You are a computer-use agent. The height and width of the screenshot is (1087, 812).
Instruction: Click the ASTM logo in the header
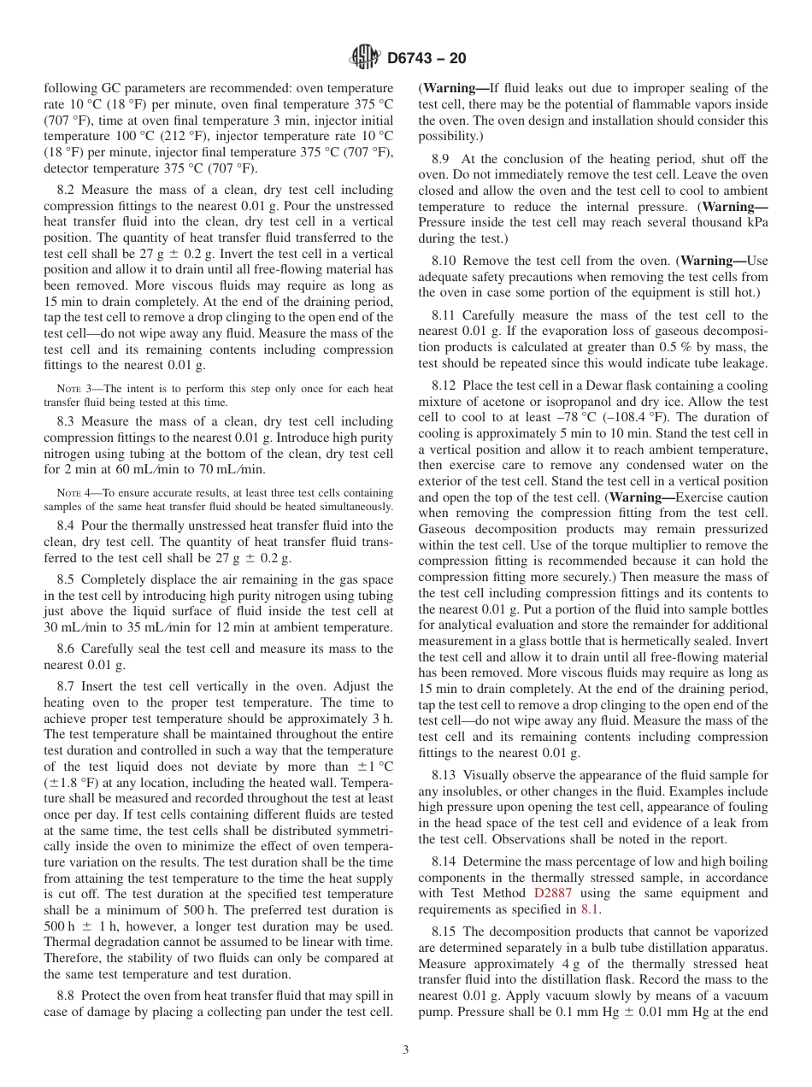pyautogui.click(x=365, y=58)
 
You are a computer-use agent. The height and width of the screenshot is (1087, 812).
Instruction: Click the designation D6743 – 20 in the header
pyautogui.click(x=427, y=59)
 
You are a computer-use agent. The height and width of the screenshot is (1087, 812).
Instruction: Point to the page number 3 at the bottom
pyautogui.click(x=405, y=1049)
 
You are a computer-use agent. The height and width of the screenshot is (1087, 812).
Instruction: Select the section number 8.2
pyautogui.click(x=68, y=190)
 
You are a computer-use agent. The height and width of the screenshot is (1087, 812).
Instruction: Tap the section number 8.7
pyautogui.click(x=68, y=686)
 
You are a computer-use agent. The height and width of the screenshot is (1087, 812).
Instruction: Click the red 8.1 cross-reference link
pyautogui.click(x=590, y=909)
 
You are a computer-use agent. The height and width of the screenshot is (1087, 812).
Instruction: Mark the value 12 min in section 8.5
pyautogui.click(x=245, y=627)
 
